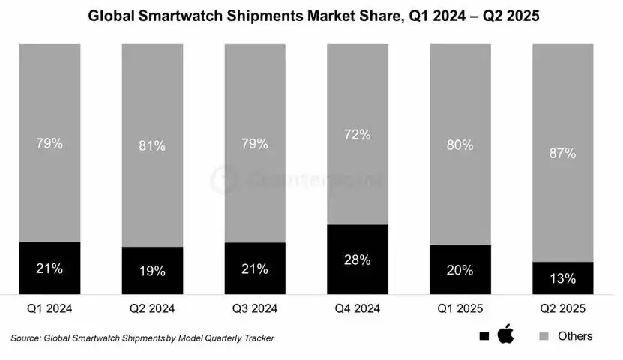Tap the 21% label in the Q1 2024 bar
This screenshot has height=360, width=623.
[x=49, y=268]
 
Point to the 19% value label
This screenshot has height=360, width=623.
[x=152, y=271]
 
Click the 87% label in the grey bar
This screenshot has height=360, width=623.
[x=562, y=153]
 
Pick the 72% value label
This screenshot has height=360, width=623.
[x=357, y=135]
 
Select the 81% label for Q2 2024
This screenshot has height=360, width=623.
[x=152, y=145]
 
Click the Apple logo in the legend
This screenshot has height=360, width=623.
[x=506, y=334]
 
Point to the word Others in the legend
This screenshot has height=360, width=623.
[x=575, y=335]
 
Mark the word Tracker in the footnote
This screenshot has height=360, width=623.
[x=255, y=337]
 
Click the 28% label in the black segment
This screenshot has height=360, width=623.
[x=357, y=259]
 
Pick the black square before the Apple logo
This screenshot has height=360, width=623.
[x=484, y=336]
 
